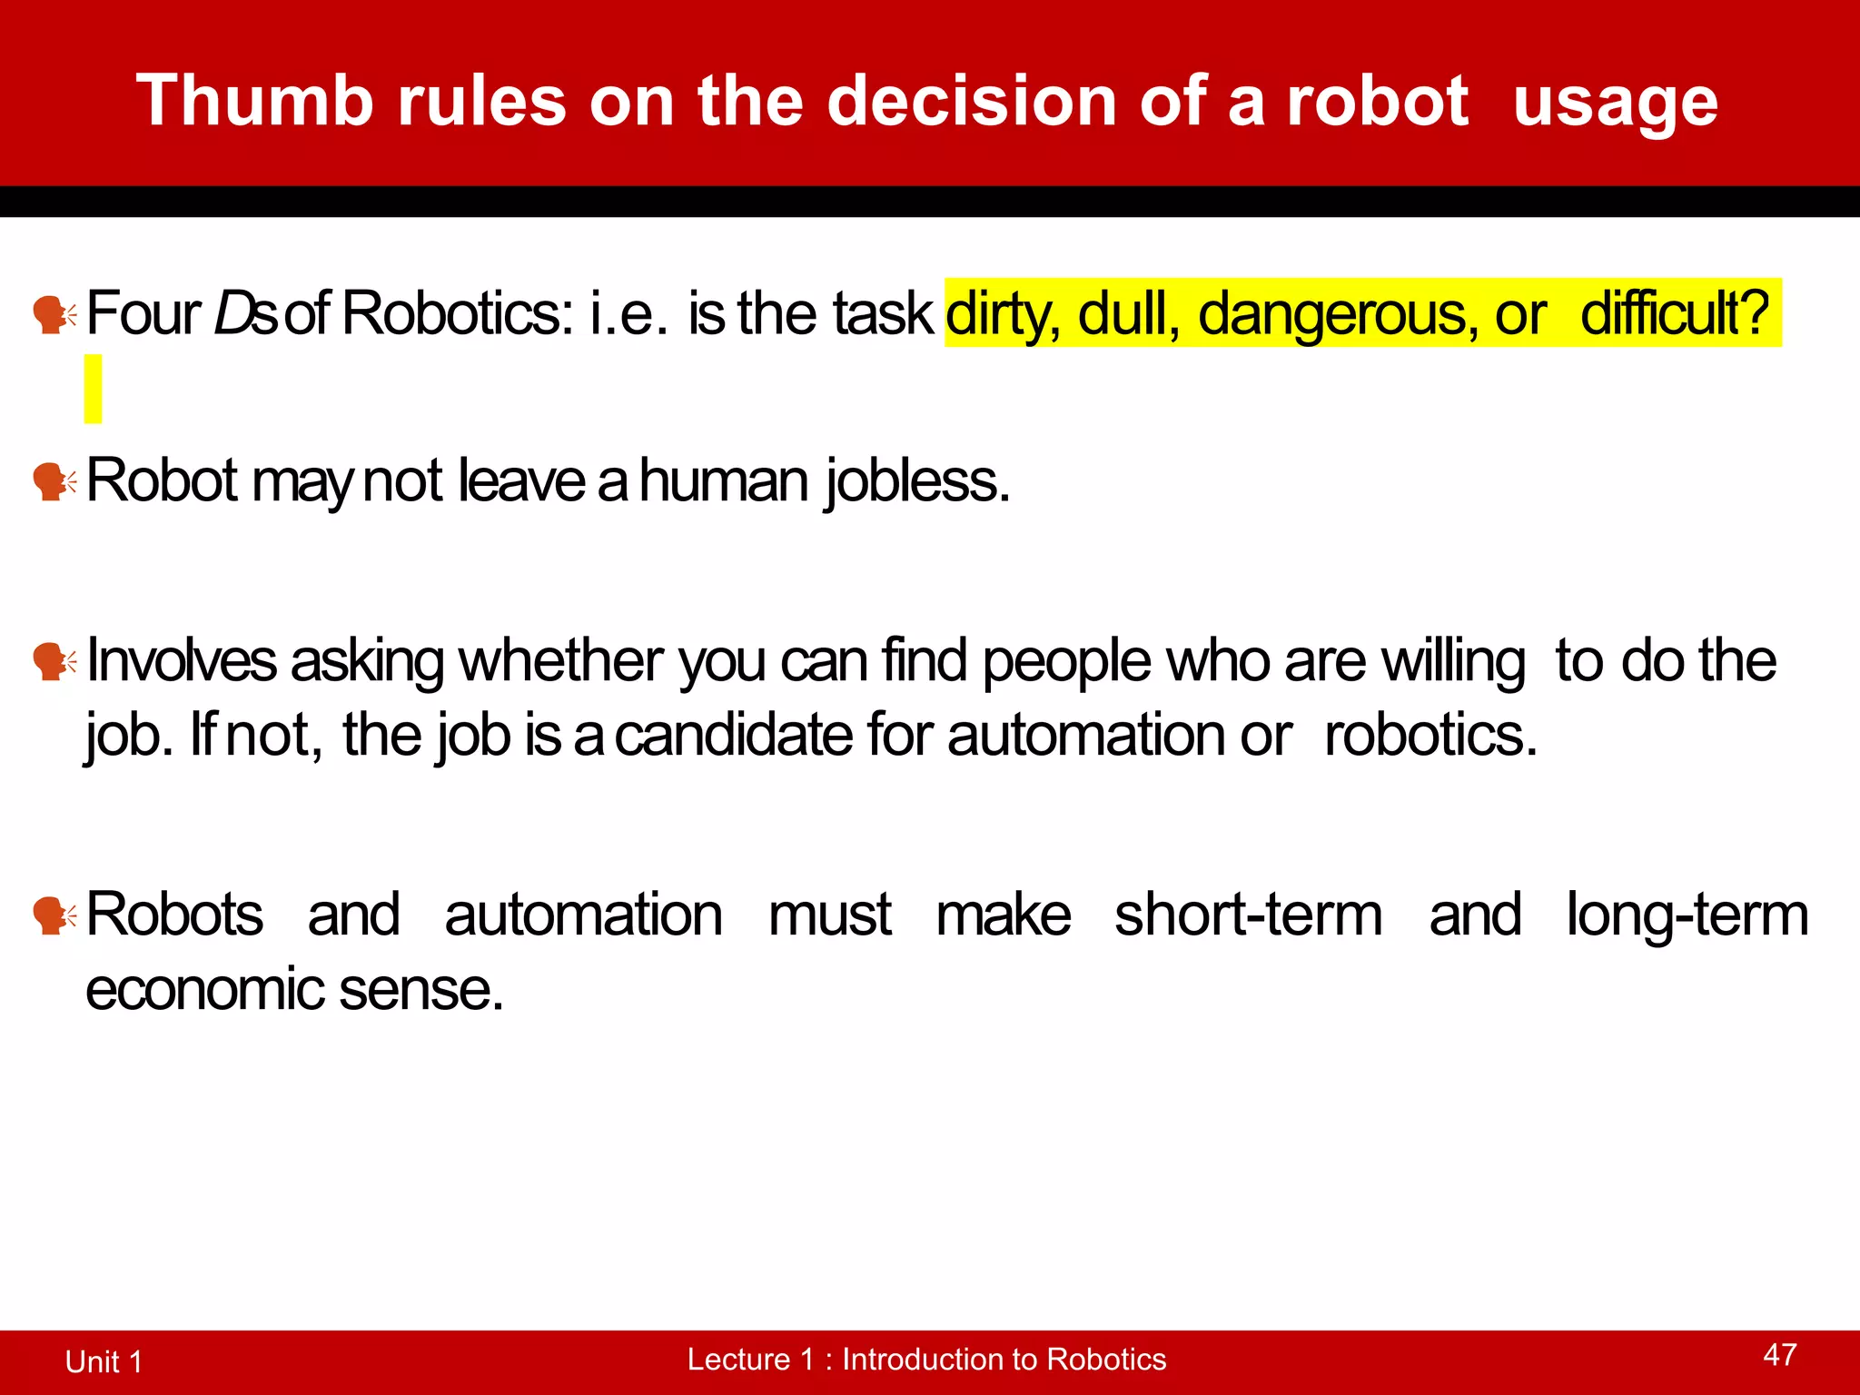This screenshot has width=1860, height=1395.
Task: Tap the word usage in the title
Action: coord(1615,103)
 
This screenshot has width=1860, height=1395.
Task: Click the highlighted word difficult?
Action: coord(1675,313)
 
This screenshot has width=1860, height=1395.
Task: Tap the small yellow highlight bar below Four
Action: coord(93,389)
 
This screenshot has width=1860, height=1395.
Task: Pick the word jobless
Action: coord(917,481)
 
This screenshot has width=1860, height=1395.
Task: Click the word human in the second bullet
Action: coord(723,480)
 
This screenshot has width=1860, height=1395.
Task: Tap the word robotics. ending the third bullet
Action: coord(1430,735)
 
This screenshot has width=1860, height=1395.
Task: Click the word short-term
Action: coord(1249,915)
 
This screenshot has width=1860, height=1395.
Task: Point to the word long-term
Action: coord(1687,915)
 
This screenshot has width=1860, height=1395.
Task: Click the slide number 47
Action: coord(1779,1355)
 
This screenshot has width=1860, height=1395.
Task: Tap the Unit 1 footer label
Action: coord(104,1361)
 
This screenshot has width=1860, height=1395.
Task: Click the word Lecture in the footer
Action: coord(737,1360)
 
